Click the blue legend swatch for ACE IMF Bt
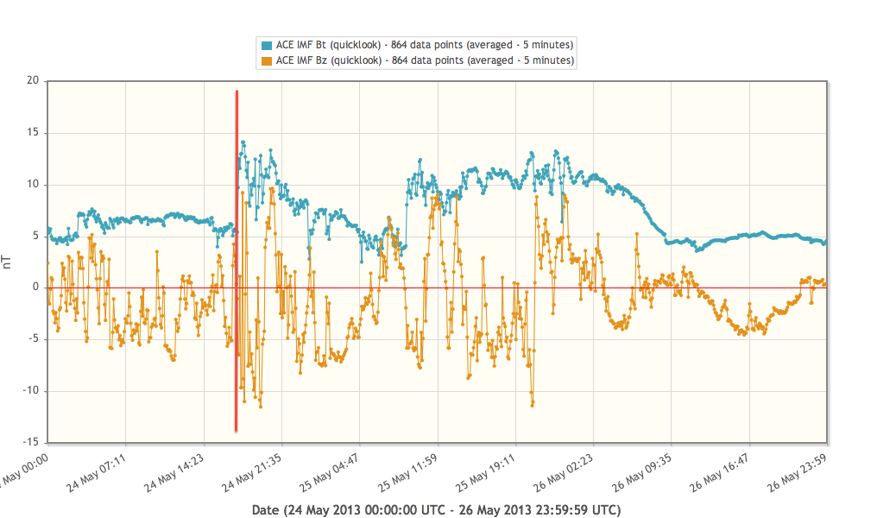(267, 45)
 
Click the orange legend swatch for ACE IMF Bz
(267, 60)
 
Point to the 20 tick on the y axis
(34, 81)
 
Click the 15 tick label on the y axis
(34, 133)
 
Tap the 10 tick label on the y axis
(34, 185)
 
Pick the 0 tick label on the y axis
(37, 287)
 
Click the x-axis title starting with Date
(436, 509)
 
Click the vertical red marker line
(237, 259)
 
